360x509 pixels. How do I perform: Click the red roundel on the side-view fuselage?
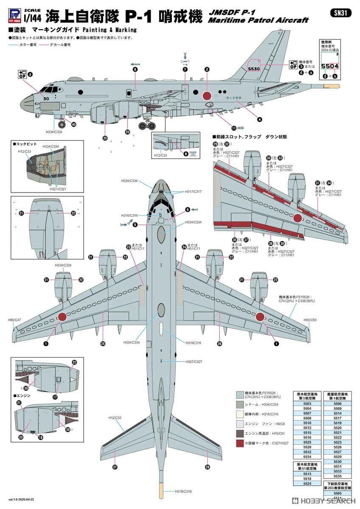point(208,96)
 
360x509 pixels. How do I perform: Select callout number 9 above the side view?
point(135,69)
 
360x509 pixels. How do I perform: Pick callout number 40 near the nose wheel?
point(73,125)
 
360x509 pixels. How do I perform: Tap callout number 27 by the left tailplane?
point(115,467)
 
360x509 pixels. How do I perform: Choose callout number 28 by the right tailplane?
point(207,467)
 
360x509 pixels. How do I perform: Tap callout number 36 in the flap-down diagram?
point(270,243)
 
